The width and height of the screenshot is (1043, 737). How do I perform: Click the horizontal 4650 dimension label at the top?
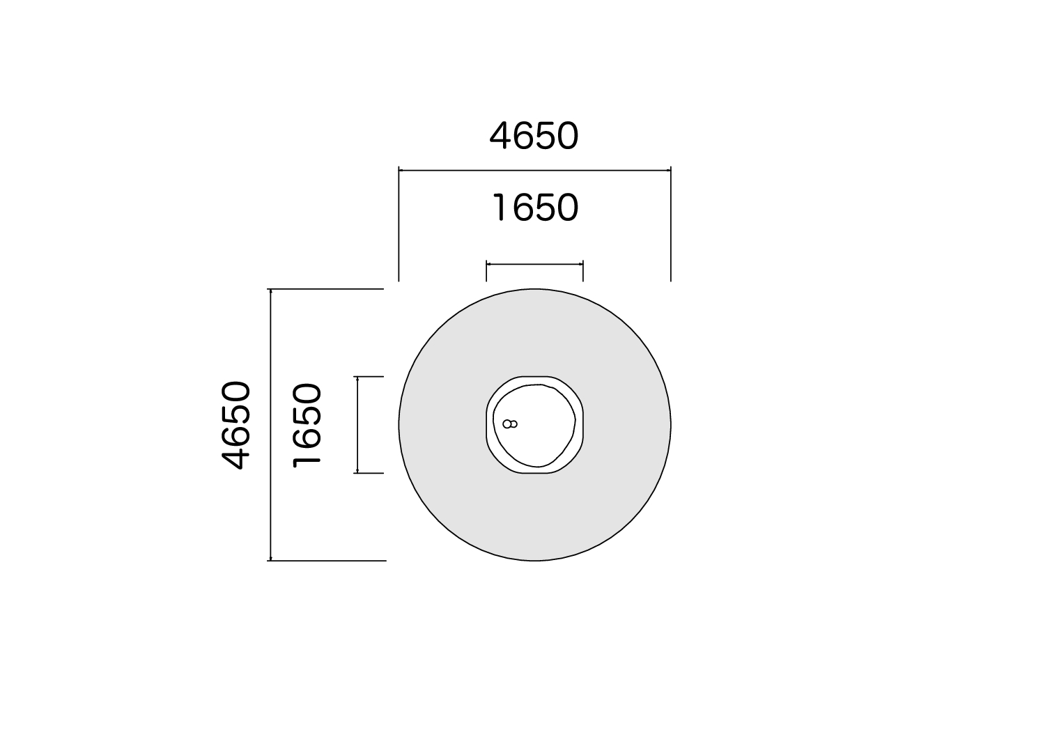click(534, 136)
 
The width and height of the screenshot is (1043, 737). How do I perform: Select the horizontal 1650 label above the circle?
click(536, 208)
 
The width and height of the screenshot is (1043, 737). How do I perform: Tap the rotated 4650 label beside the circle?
click(236, 425)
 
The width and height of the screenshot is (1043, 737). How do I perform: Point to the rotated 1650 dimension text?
click(307, 425)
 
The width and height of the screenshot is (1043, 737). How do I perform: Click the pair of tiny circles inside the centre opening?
click(510, 424)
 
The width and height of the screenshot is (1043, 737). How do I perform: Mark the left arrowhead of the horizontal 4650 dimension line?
click(401, 171)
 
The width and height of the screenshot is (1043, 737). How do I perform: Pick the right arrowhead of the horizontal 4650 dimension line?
click(668, 171)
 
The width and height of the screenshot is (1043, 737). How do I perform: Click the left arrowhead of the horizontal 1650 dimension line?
click(489, 264)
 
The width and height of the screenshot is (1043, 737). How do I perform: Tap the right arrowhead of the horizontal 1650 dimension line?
click(580, 264)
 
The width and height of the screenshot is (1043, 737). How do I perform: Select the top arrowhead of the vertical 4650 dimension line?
click(270, 291)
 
